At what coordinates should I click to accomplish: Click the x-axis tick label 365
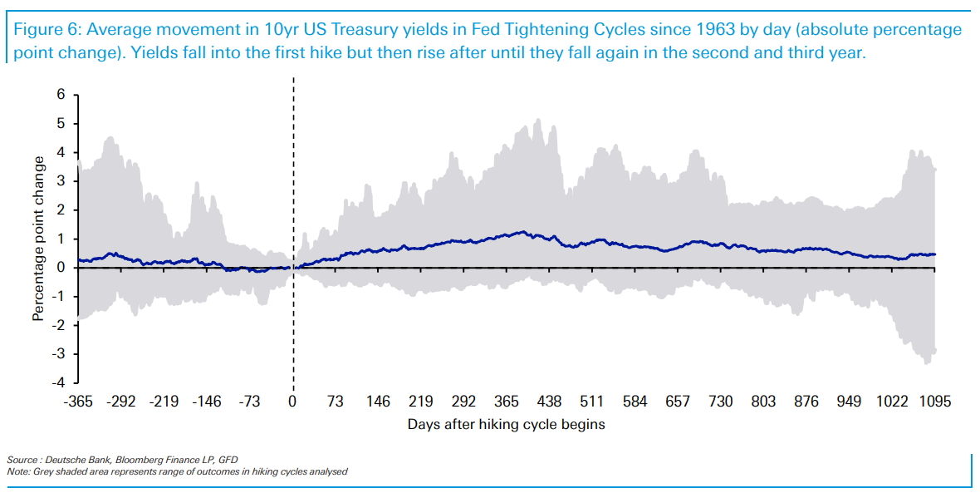click(507, 402)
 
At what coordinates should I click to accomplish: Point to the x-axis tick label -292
click(121, 402)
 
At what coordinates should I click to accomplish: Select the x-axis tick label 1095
click(934, 402)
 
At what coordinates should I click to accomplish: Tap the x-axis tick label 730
click(721, 402)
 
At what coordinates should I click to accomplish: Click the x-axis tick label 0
click(292, 402)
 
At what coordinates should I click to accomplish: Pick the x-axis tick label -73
click(250, 402)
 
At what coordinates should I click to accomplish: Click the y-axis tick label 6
click(61, 95)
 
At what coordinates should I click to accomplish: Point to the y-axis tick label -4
click(58, 383)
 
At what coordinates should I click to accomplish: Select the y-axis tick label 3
click(61, 181)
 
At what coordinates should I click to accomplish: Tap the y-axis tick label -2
click(58, 326)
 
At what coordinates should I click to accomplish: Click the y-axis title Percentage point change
click(38, 239)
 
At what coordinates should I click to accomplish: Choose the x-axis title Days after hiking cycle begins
click(506, 424)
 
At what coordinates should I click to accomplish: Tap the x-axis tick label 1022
click(893, 402)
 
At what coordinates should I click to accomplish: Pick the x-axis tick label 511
click(592, 402)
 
